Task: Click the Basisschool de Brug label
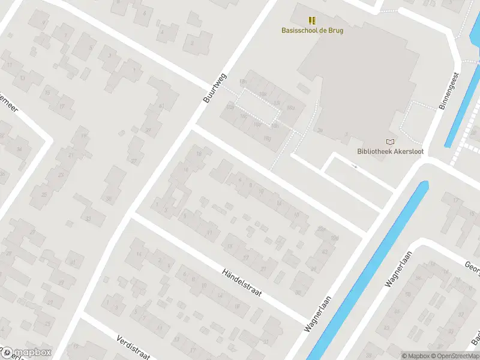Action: tap(313, 30)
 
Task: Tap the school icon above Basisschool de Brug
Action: tap(312, 20)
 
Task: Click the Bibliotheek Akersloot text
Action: tap(390, 151)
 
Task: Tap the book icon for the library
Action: tap(391, 142)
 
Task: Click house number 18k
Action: tap(262, 94)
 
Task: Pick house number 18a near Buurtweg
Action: tap(230, 107)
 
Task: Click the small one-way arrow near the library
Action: tap(354, 166)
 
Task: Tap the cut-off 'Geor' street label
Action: tap(472, 265)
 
